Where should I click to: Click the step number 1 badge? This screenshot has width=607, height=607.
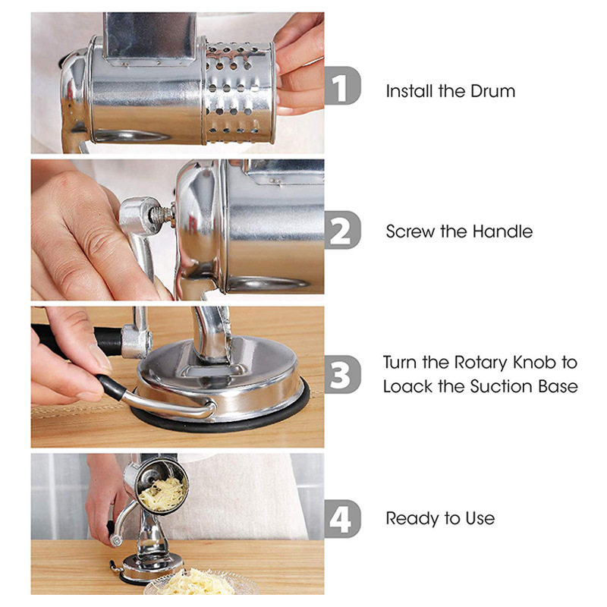click(x=342, y=90)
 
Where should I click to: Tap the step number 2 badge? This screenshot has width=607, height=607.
click(x=342, y=230)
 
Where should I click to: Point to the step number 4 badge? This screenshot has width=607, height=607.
click(x=342, y=518)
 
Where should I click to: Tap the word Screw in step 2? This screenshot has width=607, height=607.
click(x=410, y=231)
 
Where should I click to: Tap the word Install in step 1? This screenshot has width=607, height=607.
click(x=410, y=91)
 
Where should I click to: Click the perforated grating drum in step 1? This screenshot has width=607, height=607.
click(x=239, y=91)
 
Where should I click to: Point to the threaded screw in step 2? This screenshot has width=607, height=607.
click(x=161, y=216)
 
